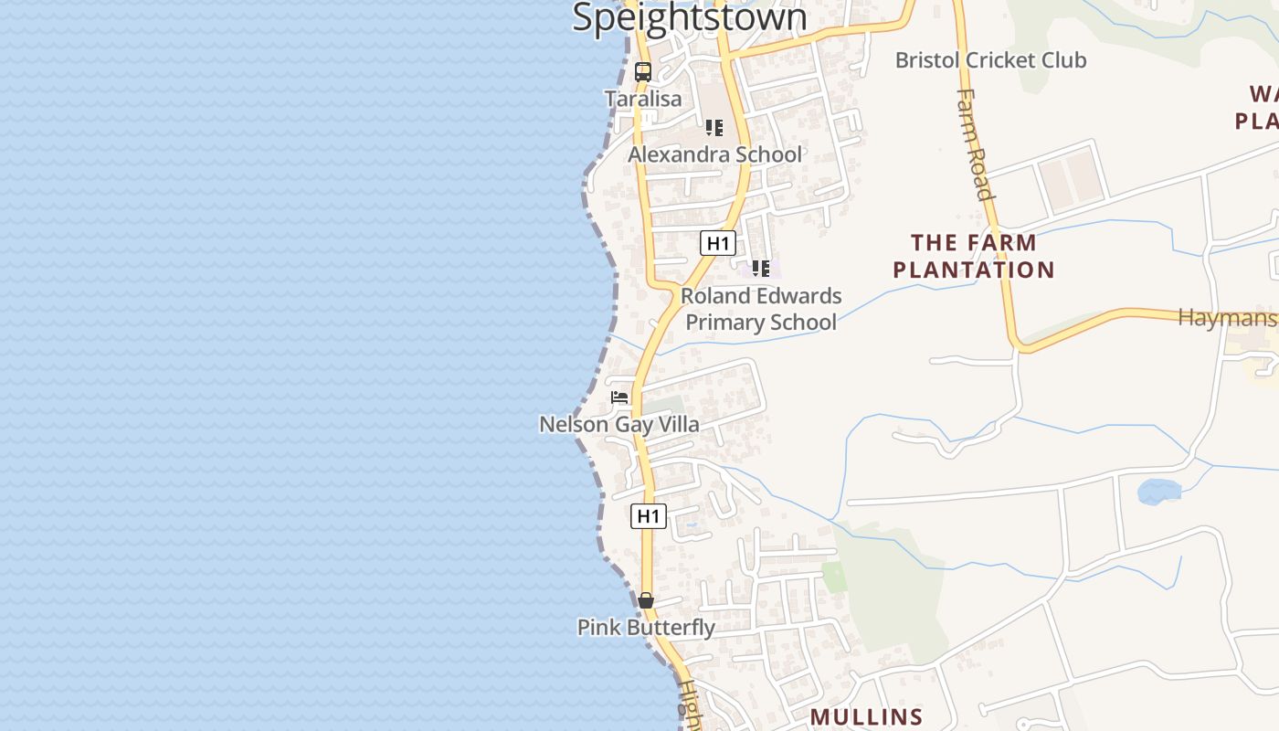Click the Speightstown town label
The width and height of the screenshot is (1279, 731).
click(x=690, y=18)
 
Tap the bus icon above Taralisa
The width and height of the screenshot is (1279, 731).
click(x=643, y=72)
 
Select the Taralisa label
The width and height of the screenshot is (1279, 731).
click(x=643, y=99)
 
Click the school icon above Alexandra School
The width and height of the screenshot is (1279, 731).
click(x=714, y=128)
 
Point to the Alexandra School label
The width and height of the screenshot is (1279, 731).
click(x=714, y=154)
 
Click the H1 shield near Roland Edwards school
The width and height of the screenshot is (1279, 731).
click(x=718, y=243)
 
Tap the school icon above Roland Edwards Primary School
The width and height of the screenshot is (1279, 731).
click(x=760, y=269)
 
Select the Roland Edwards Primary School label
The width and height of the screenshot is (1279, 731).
click(x=761, y=309)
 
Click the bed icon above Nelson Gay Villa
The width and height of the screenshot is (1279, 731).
click(x=620, y=397)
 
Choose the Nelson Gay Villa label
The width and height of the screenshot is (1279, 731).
click(x=619, y=424)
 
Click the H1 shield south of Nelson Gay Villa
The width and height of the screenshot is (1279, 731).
click(x=648, y=516)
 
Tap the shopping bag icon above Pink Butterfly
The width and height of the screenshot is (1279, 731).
click(x=646, y=600)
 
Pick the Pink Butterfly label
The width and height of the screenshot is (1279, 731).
click(x=646, y=628)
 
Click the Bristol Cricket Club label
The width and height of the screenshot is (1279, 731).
click(x=990, y=60)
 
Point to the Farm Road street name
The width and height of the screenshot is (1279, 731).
click(x=974, y=143)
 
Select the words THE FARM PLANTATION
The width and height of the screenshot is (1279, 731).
click(x=974, y=256)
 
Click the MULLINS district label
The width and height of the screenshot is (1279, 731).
click(x=866, y=716)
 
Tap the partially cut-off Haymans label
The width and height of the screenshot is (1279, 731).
click(x=1227, y=318)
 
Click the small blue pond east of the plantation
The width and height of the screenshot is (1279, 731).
click(x=1158, y=492)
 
